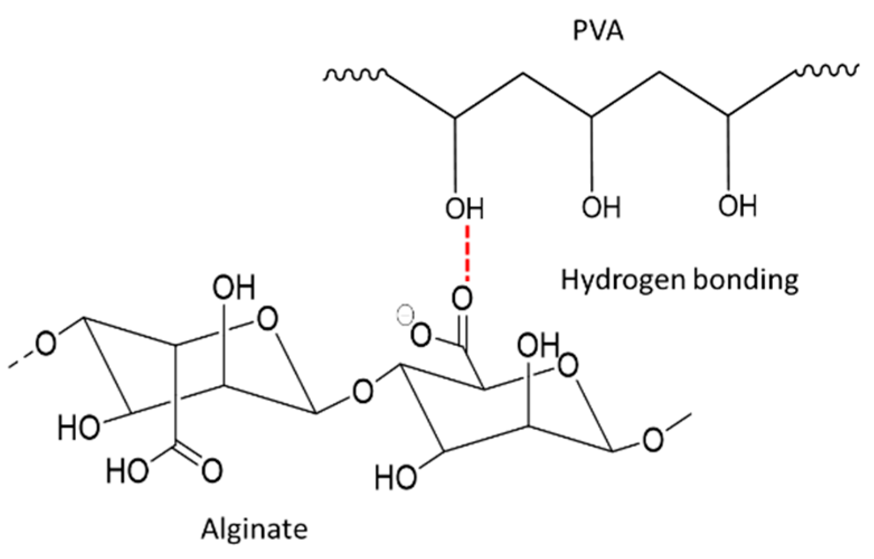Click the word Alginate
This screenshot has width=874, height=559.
(254, 528)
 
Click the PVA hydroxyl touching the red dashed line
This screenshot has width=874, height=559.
(465, 209)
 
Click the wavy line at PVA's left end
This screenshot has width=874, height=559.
(353, 74)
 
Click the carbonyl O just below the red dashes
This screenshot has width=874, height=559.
(462, 299)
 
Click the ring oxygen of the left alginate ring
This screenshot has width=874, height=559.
(266, 322)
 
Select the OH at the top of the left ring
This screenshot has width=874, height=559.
(233, 288)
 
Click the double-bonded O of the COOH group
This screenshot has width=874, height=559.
(211, 469)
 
